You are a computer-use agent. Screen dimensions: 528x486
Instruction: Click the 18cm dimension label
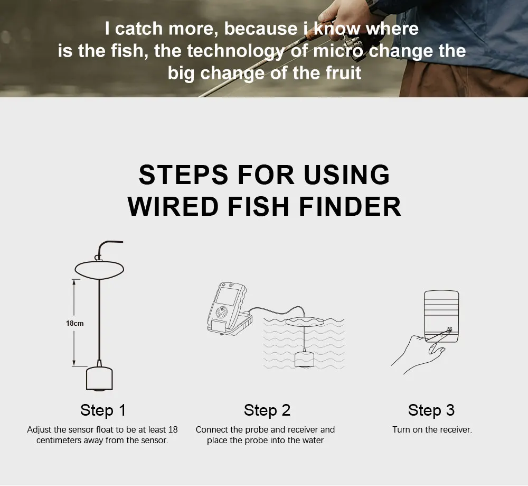coord(75,324)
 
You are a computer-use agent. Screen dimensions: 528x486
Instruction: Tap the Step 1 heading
coord(103,410)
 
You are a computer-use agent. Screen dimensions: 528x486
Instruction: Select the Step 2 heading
coord(267,410)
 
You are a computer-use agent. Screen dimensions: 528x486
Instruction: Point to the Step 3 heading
coord(431,410)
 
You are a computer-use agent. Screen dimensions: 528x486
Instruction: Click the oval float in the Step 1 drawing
coord(99,269)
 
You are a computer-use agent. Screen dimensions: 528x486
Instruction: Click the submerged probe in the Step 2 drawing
coord(305,360)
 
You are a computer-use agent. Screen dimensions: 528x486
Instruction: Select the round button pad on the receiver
coord(221,313)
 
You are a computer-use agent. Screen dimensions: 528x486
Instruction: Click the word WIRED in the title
coord(173,206)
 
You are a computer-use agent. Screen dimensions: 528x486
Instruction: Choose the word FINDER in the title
coord(350,206)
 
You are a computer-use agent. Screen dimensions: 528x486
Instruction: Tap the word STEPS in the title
coord(184,175)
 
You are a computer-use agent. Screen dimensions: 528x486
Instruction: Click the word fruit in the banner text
coord(344,73)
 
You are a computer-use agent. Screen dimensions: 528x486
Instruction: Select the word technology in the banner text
coord(235,51)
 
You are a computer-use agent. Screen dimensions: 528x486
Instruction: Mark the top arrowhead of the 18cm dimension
coord(74,282)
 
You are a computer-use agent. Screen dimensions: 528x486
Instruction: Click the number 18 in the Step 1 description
coord(173,429)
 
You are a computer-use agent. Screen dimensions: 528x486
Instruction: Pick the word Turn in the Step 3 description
coord(400,429)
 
